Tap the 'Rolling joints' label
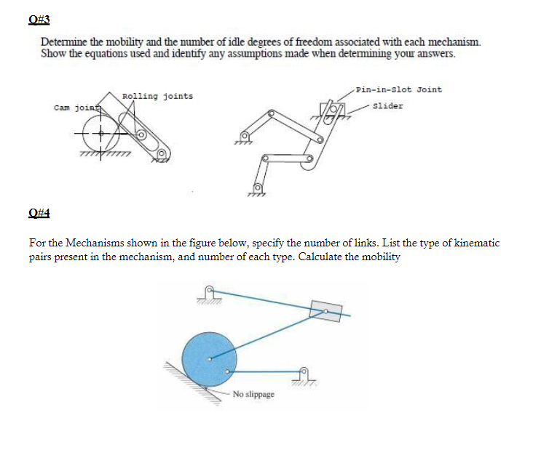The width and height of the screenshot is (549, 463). coord(158,96)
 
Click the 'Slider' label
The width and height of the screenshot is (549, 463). coord(387,106)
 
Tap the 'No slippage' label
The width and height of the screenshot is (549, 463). coord(254,394)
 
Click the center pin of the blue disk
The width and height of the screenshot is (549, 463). coord(210,357)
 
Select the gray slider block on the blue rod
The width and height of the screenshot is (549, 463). coord(325,310)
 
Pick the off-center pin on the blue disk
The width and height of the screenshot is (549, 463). coord(228,371)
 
